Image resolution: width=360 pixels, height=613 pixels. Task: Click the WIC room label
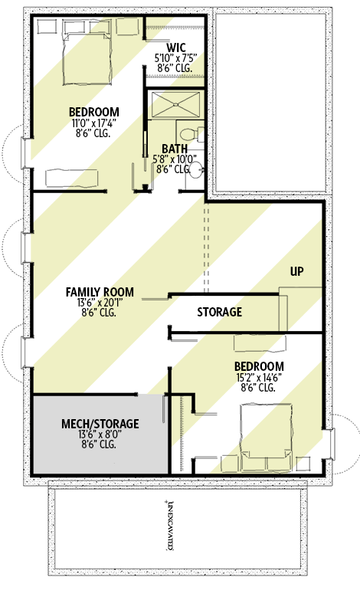point(176,47)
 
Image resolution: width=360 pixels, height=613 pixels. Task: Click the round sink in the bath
point(196,169)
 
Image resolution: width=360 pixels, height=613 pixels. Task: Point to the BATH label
point(175,149)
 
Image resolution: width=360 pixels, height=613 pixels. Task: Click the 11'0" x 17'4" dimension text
point(90,122)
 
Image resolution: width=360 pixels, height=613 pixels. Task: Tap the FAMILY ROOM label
point(100,292)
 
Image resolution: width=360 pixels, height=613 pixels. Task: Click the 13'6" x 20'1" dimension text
point(100,303)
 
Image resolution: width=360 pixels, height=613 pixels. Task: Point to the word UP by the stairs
point(298,271)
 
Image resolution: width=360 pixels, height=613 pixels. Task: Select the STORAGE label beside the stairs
point(220,312)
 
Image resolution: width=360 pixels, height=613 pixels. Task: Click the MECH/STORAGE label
point(100,423)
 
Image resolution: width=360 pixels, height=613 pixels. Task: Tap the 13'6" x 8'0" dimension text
point(100,434)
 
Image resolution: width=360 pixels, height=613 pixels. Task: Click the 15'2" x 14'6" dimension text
point(259,378)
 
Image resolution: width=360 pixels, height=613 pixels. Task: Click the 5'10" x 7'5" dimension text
point(176,57)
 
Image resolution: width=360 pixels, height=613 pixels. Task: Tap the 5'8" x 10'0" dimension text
point(175,159)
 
